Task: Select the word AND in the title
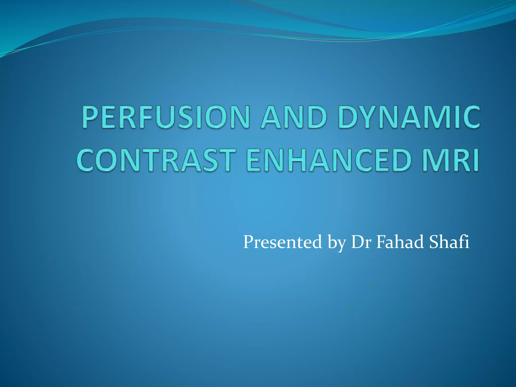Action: (294, 117)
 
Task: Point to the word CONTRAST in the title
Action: (156, 160)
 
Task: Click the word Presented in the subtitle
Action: (282, 242)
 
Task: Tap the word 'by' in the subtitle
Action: (336, 243)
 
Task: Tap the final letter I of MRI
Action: (475, 160)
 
